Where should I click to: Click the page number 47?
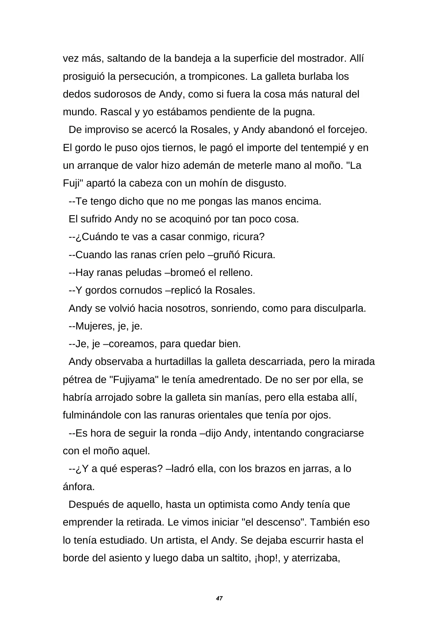[219, 599]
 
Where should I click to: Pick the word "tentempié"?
[323, 148]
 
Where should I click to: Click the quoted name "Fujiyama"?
[133, 380]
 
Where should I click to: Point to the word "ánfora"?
[78, 487]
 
